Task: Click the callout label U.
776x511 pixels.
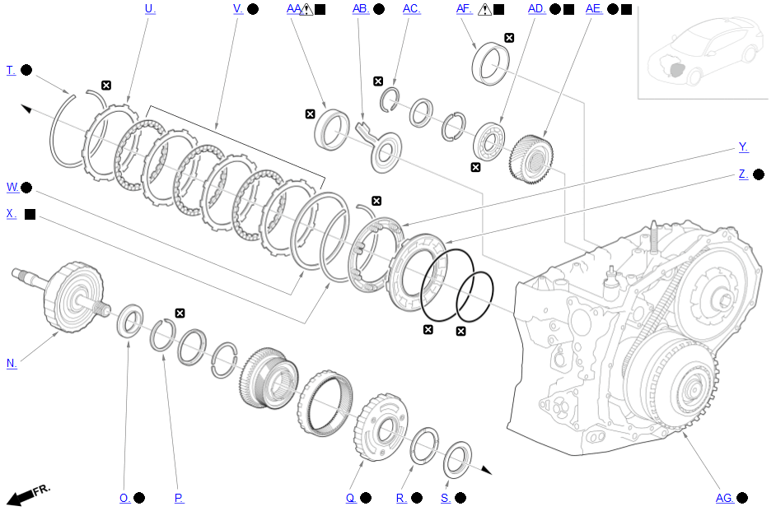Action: point(150,9)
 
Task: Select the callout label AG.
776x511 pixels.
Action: point(725,498)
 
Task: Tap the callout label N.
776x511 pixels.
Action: point(12,363)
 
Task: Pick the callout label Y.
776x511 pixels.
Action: point(743,146)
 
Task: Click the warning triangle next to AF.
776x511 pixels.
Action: point(485,9)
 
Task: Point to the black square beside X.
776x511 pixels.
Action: point(30,214)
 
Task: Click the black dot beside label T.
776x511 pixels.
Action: point(26,70)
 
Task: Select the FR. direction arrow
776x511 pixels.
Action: point(28,495)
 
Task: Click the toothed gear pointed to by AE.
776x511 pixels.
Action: point(531,159)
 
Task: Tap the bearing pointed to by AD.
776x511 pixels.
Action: point(489,142)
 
